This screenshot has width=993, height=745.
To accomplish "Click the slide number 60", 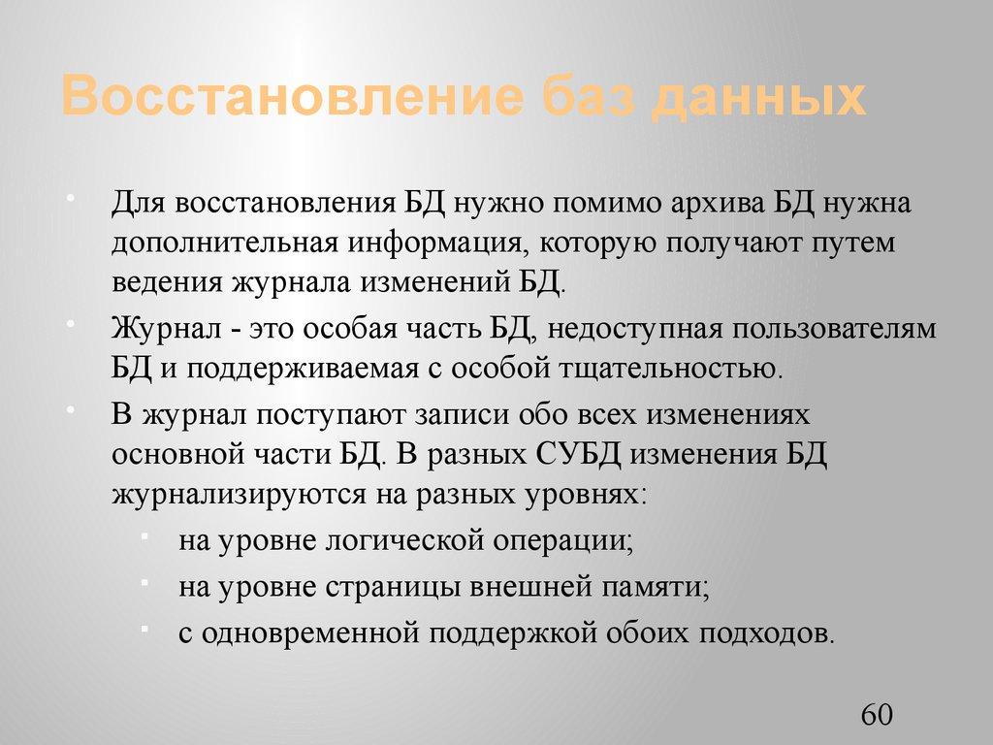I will click(x=876, y=715).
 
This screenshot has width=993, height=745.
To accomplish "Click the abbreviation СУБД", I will click(x=585, y=454).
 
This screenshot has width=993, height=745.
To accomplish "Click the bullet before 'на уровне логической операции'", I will click(x=144, y=536).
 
